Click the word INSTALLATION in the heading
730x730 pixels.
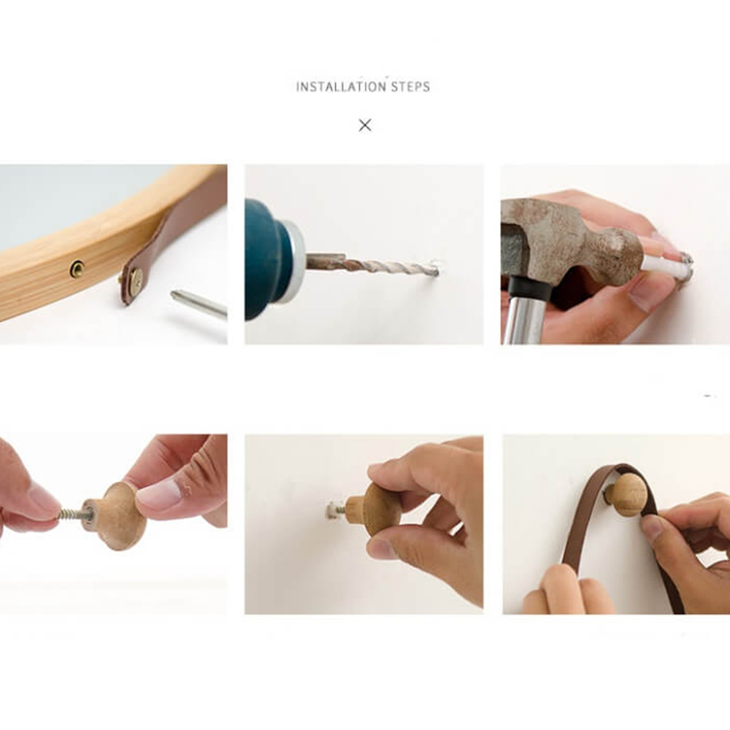(341, 87)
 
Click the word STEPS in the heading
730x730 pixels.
(410, 87)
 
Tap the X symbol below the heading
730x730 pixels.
(365, 125)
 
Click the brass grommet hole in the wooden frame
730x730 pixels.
(77, 269)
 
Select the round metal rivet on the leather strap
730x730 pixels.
(136, 280)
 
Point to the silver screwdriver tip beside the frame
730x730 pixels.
(199, 303)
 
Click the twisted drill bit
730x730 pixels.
(372, 266)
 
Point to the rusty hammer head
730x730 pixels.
(568, 242)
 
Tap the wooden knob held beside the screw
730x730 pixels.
(115, 515)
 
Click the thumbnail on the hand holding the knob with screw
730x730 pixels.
(161, 494)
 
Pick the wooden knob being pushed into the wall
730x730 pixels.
(373, 509)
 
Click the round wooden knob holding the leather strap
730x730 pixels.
(629, 494)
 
